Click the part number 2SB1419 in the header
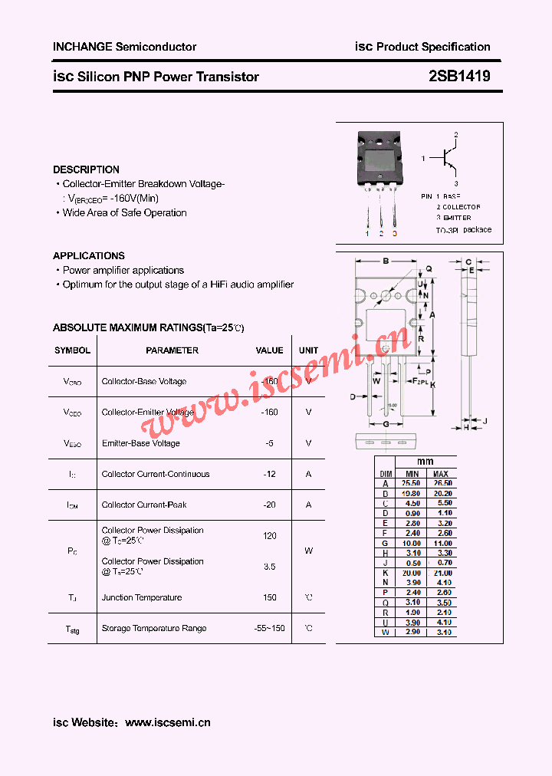(x=459, y=77)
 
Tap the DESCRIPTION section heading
(x=86, y=169)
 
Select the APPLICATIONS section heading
(x=88, y=255)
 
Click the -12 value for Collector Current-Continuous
(x=269, y=474)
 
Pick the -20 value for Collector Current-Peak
(x=269, y=505)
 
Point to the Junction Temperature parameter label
(x=142, y=597)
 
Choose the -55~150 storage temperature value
(x=269, y=628)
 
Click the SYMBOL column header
(x=72, y=350)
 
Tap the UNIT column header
(x=308, y=350)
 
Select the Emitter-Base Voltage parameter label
(x=141, y=443)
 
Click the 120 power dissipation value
(x=269, y=535)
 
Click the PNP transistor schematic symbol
(x=447, y=159)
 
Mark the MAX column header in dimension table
(x=440, y=474)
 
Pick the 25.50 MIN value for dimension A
(x=412, y=484)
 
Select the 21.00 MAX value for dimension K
(x=440, y=573)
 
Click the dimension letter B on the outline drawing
(x=386, y=261)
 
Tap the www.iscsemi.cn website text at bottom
(x=167, y=722)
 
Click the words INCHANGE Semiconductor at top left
(x=124, y=47)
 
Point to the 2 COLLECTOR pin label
(x=458, y=207)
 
